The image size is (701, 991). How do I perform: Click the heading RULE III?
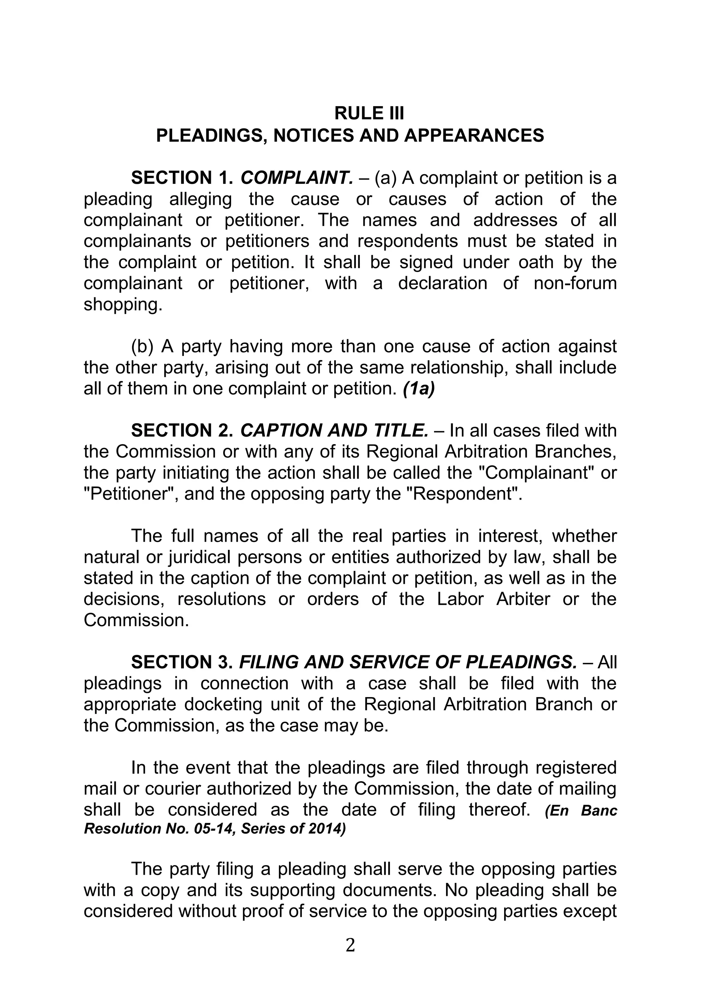tap(369, 114)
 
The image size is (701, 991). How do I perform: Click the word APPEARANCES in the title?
tap(474, 136)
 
